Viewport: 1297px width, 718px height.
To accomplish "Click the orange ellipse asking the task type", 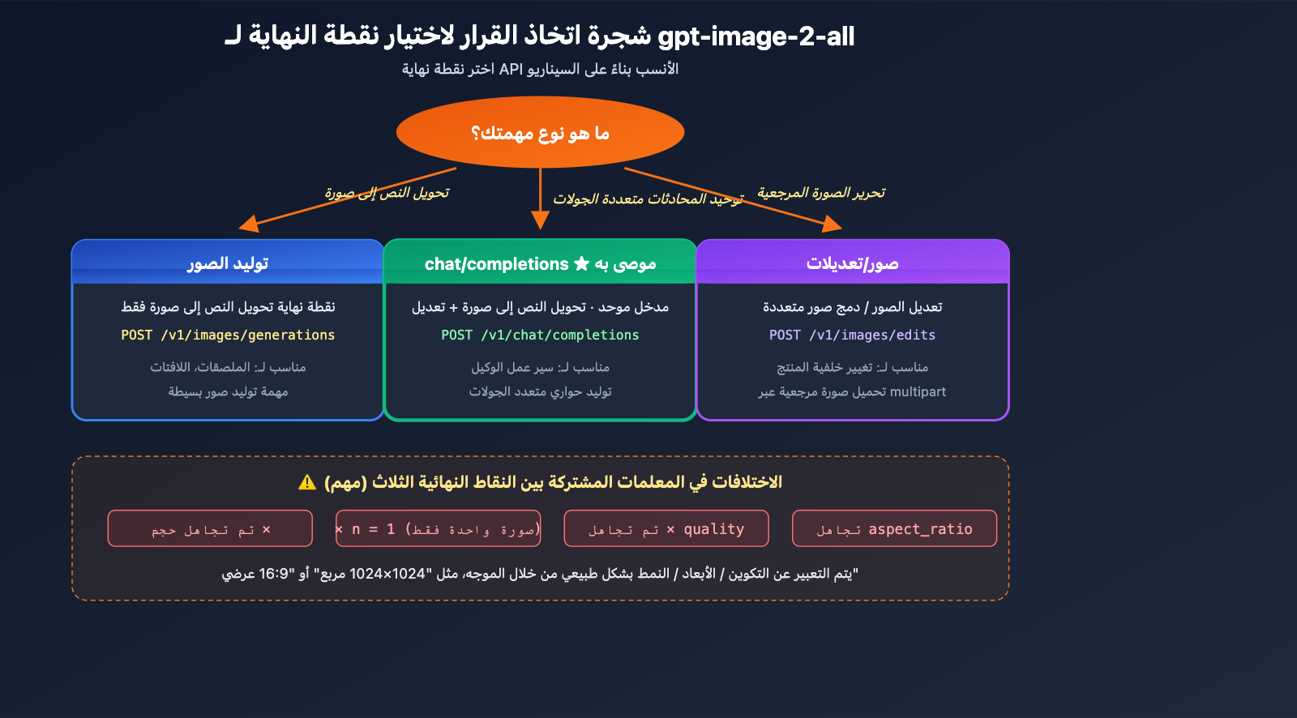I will [x=540, y=133].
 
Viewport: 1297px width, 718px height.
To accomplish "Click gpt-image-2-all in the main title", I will [x=756, y=36].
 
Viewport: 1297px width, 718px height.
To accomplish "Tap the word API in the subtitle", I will [x=511, y=70].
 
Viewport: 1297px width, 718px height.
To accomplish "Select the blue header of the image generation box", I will [x=228, y=263].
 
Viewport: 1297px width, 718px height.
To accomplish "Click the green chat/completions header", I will [x=540, y=263].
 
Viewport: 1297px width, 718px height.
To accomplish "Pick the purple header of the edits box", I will [x=852, y=263].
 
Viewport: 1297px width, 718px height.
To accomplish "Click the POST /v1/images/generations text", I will [x=228, y=335].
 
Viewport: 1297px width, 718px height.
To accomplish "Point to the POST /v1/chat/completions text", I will [x=540, y=335].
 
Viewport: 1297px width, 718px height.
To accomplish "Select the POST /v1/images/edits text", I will [x=852, y=335].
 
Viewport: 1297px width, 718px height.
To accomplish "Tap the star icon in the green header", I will [x=581, y=263].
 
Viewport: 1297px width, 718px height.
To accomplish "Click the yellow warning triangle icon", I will [x=307, y=483].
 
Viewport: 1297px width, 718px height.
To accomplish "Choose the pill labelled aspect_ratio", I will [x=894, y=529].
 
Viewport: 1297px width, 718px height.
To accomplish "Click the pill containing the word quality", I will [x=666, y=529].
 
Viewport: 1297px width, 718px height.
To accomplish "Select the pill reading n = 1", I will [x=438, y=529].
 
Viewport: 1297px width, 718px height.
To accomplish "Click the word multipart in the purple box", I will [x=918, y=392].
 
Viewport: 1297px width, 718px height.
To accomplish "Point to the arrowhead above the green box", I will [x=540, y=220].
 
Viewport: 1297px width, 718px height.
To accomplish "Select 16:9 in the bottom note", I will [x=274, y=575].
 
